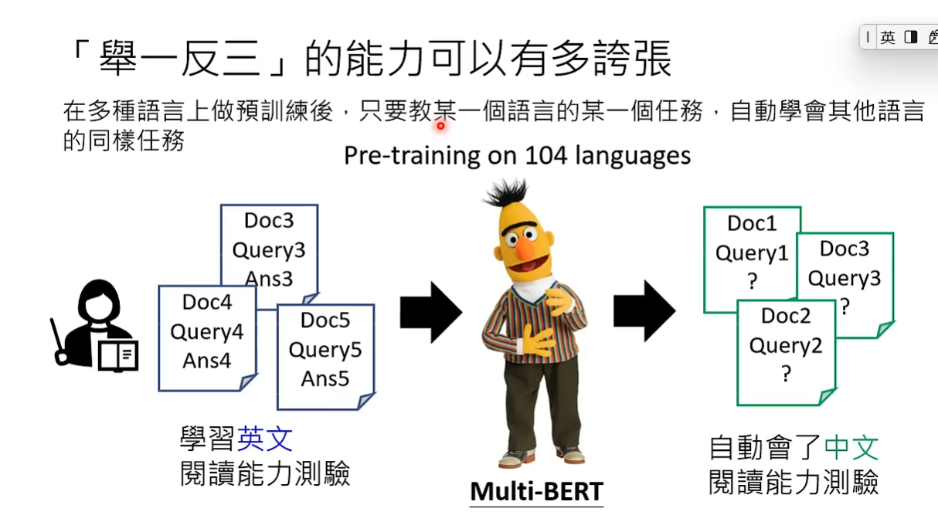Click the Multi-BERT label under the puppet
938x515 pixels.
point(536,491)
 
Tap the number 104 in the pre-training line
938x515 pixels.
point(545,156)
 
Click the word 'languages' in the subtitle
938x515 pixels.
point(633,157)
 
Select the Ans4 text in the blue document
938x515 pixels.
point(207,361)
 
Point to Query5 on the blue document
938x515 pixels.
point(325,351)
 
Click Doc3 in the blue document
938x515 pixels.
point(269,221)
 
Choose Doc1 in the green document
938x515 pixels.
point(752,223)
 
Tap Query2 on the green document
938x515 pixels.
point(786,347)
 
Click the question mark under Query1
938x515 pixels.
point(753,281)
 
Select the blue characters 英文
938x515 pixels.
point(265,439)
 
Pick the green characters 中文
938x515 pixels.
point(851,448)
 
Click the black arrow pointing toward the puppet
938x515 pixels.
point(431,313)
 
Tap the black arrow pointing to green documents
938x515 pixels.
point(644,311)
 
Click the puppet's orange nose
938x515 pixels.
point(525,248)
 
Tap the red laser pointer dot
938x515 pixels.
point(440,126)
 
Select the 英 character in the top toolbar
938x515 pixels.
point(888,38)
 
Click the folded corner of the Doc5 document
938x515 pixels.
point(365,401)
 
